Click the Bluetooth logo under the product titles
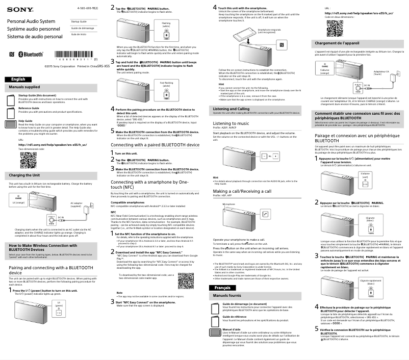[31, 54]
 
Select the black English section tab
[18, 80]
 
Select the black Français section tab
[223, 288]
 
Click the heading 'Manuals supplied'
[24, 87]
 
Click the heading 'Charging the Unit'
[24, 175]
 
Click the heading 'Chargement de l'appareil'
[338, 43]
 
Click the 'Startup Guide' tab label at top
[79, 21]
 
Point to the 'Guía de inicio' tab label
[79, 34]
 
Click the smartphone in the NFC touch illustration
[243, 38]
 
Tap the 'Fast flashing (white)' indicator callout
[166, 85]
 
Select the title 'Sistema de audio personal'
[35, 37]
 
